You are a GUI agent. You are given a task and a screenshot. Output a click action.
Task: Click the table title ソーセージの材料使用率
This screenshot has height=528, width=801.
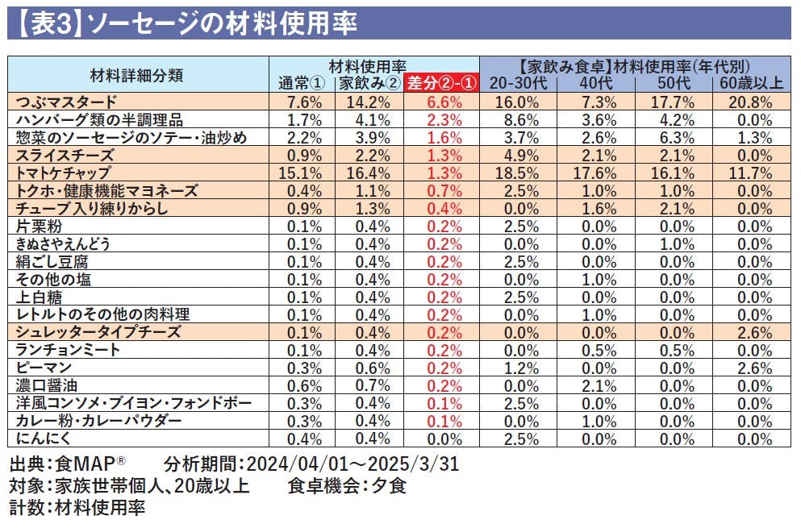coord(222,23)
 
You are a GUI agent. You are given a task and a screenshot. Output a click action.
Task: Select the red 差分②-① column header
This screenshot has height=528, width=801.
coord(441,83)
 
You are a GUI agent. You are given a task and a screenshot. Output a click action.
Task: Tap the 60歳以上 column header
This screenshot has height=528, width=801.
coord(752,83)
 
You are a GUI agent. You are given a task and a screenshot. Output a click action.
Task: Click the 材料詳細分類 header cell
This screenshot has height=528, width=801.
coord(137,75)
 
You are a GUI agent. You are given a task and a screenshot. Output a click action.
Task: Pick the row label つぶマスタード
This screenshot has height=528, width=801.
coord(66,102)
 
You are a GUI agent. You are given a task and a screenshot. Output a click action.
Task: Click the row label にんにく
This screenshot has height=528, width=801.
coord(41,439)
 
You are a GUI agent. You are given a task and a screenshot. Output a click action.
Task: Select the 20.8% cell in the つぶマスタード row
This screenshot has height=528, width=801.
coord(752,102)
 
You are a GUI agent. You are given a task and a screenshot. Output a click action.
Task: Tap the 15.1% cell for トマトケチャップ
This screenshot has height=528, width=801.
coord(305,173)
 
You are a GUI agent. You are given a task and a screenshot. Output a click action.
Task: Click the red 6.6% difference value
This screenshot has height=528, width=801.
coord(441,102)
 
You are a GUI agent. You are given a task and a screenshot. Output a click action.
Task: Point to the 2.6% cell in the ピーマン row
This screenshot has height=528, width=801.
coord(752,368)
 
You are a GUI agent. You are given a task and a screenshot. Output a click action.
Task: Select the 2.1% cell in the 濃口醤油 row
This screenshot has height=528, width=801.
coord(598,385)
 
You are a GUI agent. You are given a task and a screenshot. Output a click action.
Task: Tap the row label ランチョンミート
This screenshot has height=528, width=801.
coord(69,350)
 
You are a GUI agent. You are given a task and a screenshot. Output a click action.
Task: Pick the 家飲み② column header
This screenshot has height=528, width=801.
coord(369,83)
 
